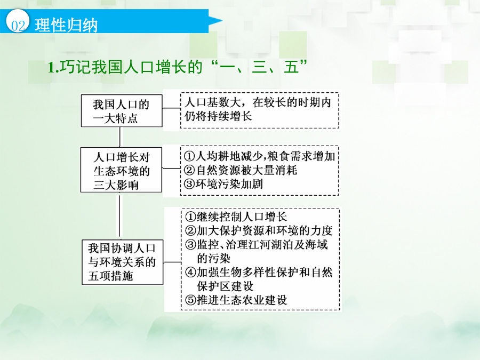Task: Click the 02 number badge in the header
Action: (18, 21)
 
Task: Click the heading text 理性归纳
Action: (66, 25)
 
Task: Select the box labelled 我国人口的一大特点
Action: (122, 110)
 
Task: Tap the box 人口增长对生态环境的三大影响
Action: (121, 170)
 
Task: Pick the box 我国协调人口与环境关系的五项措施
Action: (123, 262)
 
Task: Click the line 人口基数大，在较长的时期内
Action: (258, 102)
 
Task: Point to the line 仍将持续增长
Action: (218, 116)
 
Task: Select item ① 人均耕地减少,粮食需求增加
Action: (260, 156)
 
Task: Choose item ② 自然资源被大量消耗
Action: (241, 170)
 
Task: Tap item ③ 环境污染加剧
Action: (223, 184)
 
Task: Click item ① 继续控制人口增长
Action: (236, 217)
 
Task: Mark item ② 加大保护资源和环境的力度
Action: (259, 230)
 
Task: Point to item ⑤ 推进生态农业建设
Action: (236, 300)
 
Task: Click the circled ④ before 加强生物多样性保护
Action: (190, 272)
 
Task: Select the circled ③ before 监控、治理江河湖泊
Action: (190, 244)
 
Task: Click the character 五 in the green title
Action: (291, 67)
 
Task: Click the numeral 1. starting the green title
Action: (53, 67)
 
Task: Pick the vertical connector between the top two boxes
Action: (119, 137)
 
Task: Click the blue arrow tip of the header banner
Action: (222, 21)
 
